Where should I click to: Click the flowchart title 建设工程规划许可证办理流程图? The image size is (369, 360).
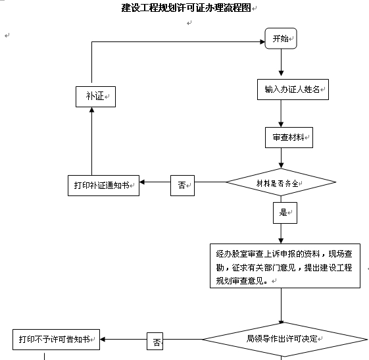(x=186, y=8)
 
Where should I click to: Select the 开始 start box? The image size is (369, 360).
(x=281, y=38)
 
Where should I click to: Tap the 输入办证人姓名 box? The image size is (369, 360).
(x=293, y=90)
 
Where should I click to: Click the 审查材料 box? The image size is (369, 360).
(x=289, y=138)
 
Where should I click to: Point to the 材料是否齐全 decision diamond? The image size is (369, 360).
(x=281, y=182)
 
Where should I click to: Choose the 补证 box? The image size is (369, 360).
(x=95, y=97)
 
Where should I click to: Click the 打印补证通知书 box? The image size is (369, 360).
(x=103, y=186)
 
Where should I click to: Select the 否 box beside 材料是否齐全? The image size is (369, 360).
(x=182, y=186)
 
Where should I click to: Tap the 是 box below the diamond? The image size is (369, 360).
(x=285, y=213)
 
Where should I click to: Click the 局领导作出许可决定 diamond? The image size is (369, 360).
(x=285, y=340)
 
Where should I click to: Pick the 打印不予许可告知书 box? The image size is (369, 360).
(x=57, y=340)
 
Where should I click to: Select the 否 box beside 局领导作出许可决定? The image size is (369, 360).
(x=155, y=341)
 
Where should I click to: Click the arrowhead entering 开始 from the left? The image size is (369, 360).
(x=262, y=42)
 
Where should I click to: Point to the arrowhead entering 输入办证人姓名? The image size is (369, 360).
(x=281, y=73)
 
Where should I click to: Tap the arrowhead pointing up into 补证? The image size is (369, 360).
(x=92, y=110)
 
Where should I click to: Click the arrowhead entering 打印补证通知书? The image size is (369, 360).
(x=142, y=182)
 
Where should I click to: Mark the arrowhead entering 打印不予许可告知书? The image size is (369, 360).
(x=103, y=340)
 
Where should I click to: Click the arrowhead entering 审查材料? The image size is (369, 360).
(x=281, y=124)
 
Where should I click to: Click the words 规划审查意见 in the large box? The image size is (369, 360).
(x=239, y=280)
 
